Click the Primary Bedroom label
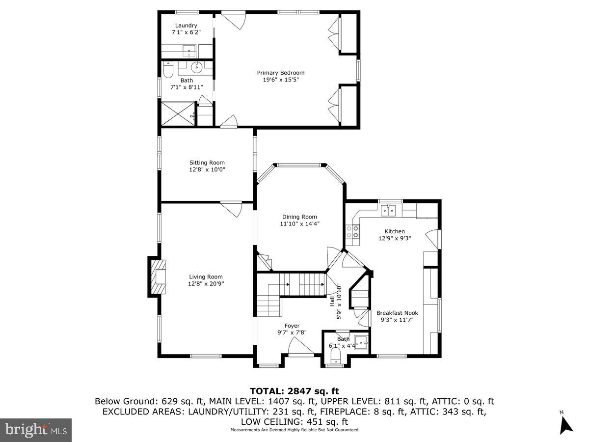click(281, 73)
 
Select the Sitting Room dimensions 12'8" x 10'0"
click(207, 169)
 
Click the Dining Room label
click(299, 217)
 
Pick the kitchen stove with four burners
click(352, 232)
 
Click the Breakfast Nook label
click(397, 313)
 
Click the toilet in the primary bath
click(167, 72)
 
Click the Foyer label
click(292, 326)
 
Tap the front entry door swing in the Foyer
click(300, 348)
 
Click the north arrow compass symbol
click(566, 423)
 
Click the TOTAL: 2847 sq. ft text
click(294, 391)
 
